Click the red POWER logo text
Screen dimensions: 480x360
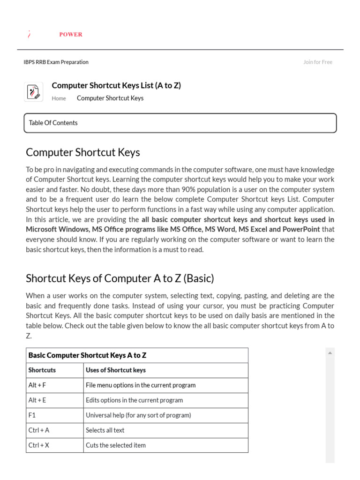click(71, 34)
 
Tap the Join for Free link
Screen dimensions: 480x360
click(317, 62)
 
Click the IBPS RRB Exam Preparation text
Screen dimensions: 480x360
click(56, 62)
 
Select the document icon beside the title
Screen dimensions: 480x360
click(33, 91)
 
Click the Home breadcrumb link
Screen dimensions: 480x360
click(59, 98)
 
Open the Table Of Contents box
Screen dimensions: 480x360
click(180, 123)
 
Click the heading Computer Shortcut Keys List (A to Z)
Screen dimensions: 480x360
click(116, 85)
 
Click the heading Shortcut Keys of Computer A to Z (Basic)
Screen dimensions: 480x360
click(120, 278)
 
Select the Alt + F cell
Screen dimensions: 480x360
click(37, 385)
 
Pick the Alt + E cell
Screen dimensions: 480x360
click(37, 400)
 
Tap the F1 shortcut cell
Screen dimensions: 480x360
click(32, 415)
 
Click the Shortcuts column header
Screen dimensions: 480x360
click(42, 370)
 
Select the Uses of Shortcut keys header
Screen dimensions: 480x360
click(116, 370)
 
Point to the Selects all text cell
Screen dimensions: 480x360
click(105, 430)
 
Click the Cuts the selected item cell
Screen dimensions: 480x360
click(116, 445)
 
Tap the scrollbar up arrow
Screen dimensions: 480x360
click(330, 352)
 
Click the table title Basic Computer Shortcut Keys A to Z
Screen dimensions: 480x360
click(88, 355)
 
